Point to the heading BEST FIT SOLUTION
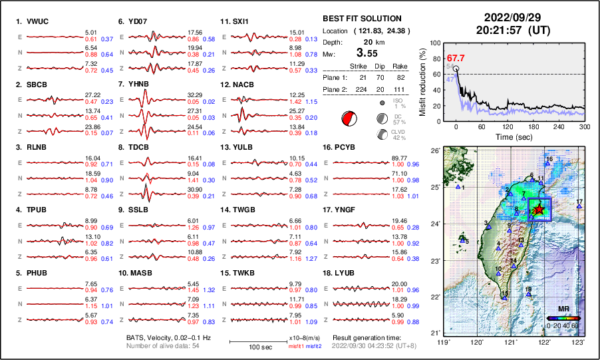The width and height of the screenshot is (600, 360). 361,19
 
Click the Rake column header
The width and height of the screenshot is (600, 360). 410,66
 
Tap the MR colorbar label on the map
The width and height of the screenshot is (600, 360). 562,309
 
